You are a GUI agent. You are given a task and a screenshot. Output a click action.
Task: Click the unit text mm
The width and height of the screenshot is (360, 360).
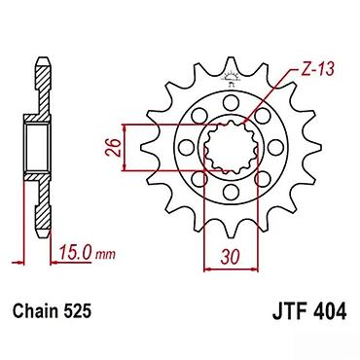[x=105, y=254]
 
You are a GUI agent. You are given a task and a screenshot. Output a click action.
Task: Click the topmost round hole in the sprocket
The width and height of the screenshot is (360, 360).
[x=231, y=103]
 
